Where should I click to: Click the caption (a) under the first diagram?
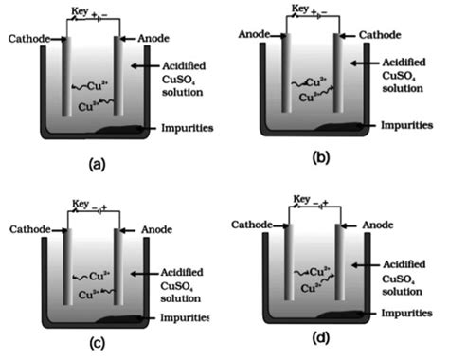pos(95,164)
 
